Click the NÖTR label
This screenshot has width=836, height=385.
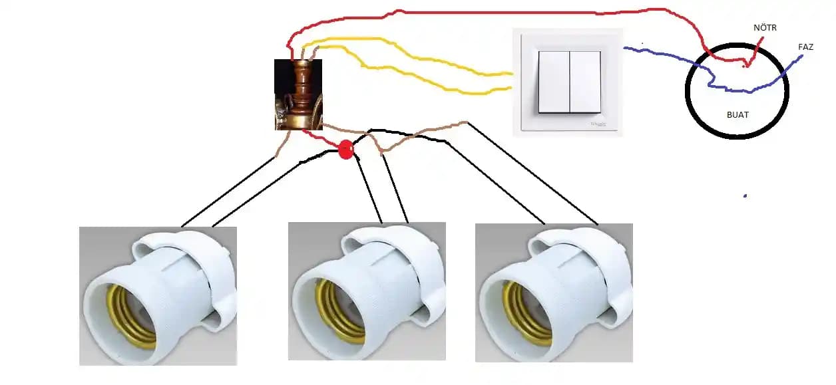(765, 28)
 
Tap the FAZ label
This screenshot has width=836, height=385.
(805, 47)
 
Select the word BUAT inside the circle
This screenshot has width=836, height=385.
(737, 115)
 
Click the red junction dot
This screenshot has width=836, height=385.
(345, 150)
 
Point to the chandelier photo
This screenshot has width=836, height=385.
(298, 94)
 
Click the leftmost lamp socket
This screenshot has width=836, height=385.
(158, 296)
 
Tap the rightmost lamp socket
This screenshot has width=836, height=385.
(553, 293)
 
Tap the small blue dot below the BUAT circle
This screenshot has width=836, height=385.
(745, 195)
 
